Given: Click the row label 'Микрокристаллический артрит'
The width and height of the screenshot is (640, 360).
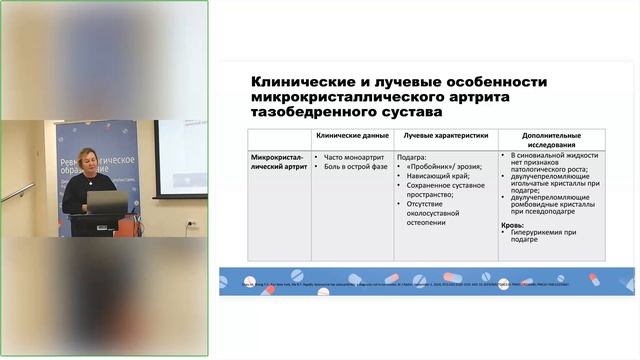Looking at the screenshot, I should pyautogui.click(x=277, y=161).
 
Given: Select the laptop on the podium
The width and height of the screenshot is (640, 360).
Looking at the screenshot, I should pyautogui.click(x=106, y=204).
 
